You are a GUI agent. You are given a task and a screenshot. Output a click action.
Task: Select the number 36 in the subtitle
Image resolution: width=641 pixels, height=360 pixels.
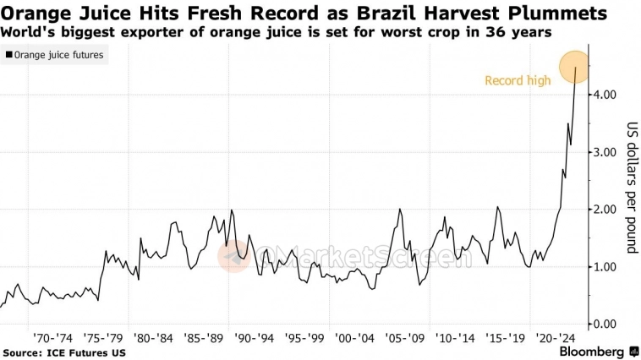pyautogui.click(x=485, y=32)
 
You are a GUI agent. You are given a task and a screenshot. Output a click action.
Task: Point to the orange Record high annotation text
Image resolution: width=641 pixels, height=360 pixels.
pyautogui.click(x=518, y=80)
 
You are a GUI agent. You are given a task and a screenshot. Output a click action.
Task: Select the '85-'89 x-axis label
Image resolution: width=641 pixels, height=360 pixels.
pyautogui.click(x=205, y=336)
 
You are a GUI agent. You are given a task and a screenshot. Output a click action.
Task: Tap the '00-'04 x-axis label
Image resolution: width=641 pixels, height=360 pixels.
pyautogui.click(x=356, y=336)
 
